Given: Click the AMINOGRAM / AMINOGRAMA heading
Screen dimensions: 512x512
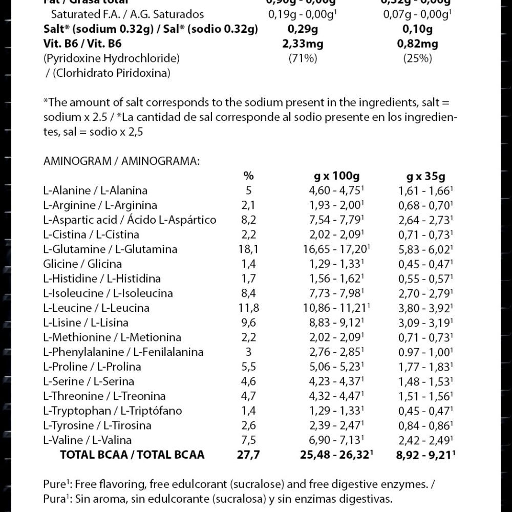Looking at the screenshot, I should (121, 161).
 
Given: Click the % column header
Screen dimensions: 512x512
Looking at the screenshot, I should (248, 176).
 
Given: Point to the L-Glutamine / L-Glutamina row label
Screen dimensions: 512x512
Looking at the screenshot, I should (111, 249).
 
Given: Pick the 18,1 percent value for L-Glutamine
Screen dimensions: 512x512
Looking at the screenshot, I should (248, 249).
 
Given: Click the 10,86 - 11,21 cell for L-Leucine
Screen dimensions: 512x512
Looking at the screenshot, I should (333, 308).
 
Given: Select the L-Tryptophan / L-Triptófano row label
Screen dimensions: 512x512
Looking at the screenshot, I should (113, 411).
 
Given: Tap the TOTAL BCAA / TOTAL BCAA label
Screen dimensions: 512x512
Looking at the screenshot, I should (132, 455).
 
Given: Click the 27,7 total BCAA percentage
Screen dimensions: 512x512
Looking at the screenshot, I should (248, 455).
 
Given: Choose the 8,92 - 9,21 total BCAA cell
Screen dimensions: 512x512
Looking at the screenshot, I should (426, 455).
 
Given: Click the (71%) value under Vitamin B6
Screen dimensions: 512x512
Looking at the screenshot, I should (303, 58).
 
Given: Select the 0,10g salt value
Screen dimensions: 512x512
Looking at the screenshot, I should (417, 29).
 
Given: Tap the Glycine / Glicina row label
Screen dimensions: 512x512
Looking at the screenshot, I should (83, 264).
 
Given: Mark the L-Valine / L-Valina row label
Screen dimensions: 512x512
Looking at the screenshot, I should (88, 440).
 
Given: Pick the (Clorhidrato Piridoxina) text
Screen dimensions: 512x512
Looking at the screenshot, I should (109, 73).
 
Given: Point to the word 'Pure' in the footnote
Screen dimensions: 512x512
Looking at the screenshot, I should (53, 485).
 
